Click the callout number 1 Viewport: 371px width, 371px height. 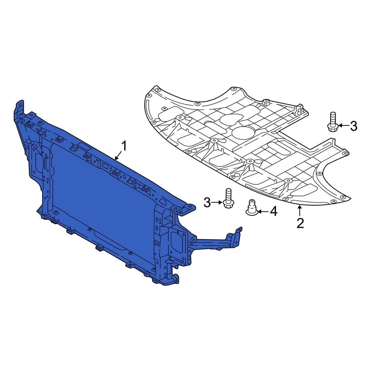tap(124, 146)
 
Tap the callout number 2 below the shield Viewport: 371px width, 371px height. tap(300, 223)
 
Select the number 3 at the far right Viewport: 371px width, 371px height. tap(354, 126)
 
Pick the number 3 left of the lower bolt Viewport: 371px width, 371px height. tap(207, 203)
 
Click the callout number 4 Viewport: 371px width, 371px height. tap(273, 211)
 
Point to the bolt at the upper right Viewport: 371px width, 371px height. tap(332, 122)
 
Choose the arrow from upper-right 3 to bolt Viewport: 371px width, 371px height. tap(343, 126)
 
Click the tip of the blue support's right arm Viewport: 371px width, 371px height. tap(237, 232)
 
